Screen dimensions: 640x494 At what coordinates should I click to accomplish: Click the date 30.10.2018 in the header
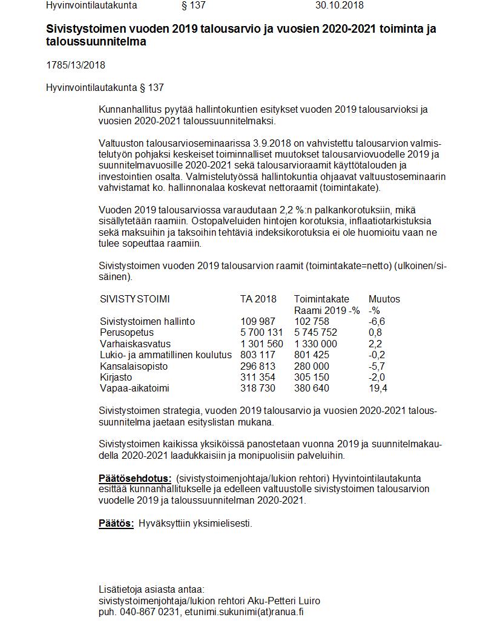[339, 5]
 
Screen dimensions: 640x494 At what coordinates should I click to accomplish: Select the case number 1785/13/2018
[76, 65]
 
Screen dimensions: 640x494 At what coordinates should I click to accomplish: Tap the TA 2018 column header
[258, 299]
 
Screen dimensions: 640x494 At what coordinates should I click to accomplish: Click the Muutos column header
[384, 299]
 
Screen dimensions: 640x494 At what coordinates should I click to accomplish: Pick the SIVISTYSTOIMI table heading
[134, 299]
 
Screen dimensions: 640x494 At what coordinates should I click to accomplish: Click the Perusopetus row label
[127, 333]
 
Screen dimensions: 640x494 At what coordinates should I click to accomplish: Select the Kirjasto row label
[116, 377]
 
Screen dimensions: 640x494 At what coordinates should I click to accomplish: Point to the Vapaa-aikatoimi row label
[134, 388]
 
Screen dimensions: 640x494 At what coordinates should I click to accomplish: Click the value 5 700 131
[262, 333]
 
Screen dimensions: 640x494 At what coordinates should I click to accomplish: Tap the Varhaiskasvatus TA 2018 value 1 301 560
[262, 344]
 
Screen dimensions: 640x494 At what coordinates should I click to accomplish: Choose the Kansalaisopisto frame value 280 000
[312, 366]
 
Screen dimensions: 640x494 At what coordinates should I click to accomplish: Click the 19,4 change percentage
[378, 388]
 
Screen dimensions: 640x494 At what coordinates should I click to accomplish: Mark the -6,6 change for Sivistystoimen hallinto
[377, 321]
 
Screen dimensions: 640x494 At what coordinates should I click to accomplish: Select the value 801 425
[312, 355]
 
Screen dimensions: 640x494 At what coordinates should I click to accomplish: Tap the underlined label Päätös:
[116, 523]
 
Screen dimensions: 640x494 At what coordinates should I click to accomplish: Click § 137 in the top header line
[193, 5]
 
